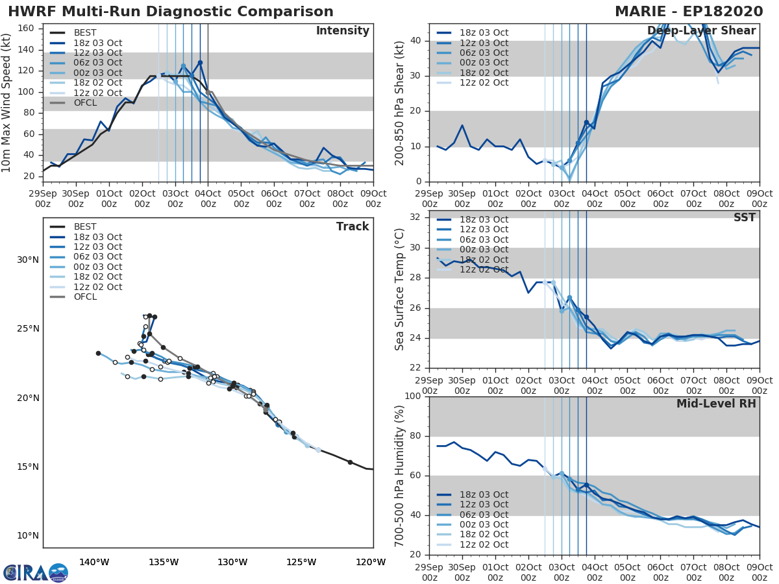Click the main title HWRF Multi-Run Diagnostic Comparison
point(171,12)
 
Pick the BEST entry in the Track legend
point(85,226)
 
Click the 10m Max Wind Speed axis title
point(7,99)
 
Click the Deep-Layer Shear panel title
point(701,31)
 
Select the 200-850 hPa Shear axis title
point(400,103)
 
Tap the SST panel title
point(745,218)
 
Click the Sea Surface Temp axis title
point(400,289)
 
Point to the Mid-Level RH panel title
point(716,404)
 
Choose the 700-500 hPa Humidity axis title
point(400,475)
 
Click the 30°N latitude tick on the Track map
point(28,260)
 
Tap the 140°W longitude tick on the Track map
point(94,562)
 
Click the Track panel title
point(352,226)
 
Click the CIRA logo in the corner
point(36,572)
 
